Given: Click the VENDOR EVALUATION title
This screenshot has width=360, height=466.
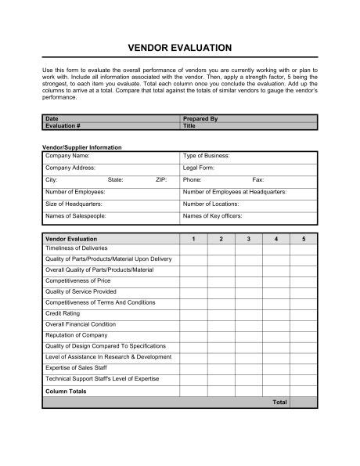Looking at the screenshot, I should click(179, 48).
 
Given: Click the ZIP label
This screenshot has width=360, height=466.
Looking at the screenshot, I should click(161, 179).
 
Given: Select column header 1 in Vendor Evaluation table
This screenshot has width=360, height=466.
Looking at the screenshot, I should click(194, 237).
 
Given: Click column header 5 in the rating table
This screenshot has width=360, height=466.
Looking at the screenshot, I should click(304, 237).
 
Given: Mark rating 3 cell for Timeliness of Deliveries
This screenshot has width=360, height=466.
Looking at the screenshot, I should click(249, 247).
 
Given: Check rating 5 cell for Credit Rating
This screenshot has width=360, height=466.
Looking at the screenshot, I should click(304, 312).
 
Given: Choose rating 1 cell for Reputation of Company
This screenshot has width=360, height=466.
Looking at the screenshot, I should click(194, 334).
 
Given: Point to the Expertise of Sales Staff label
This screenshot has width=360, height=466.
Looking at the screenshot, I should click(77, 367).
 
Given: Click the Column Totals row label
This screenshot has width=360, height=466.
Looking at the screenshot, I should click(66, 391).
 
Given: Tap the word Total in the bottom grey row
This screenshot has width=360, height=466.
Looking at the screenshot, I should click(279, 403).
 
